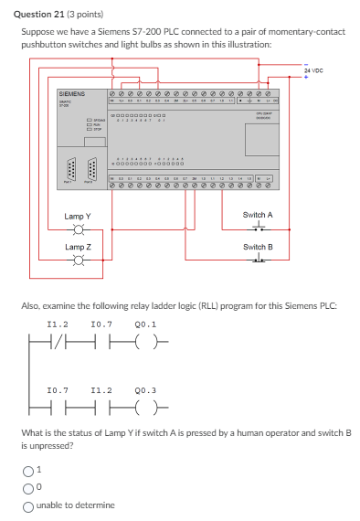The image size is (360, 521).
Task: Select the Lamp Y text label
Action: [x=78, y=216]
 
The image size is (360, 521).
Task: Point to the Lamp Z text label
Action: [x=78, y=248]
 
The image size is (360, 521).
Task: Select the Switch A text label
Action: [x=258, y=215]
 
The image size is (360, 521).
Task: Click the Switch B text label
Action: [x=258, y=247]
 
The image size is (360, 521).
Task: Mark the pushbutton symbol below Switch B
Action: [x=258, y=260]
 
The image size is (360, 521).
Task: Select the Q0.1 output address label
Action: [x=144, y=324]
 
